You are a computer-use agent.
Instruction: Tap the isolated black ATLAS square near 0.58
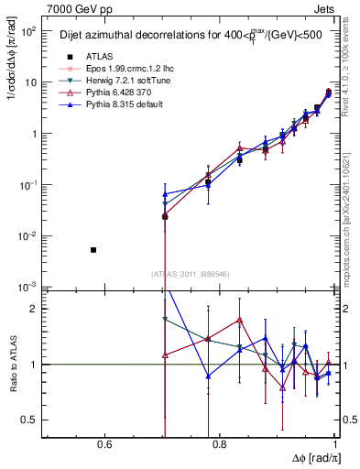(93, 249)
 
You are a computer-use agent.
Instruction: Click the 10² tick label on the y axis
(29, 31)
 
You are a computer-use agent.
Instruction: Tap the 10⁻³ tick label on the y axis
(29, 287)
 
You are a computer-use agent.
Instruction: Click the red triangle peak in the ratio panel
(239, 320)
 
